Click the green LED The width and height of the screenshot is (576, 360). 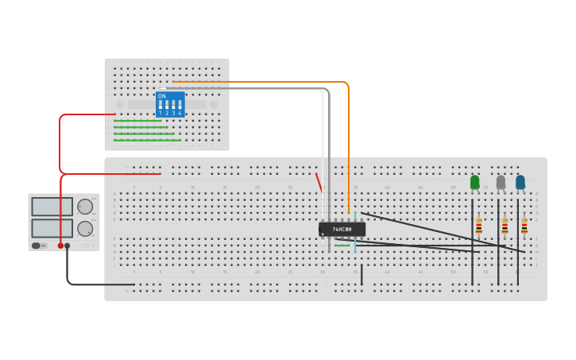[475, 182]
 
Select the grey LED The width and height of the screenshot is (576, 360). [501, 182]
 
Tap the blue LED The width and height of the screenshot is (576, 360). [520, 182]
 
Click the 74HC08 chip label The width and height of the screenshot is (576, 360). [342, 229]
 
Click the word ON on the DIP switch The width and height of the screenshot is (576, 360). [162, 96]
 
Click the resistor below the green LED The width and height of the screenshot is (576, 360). [479, 227]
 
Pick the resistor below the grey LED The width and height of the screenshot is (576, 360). [504, 227]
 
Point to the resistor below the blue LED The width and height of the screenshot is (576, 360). [524, 227]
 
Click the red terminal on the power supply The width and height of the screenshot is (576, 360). [60, 246]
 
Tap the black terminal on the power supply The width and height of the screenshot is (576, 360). [68, 246]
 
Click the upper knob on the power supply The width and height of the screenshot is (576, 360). [85, 207]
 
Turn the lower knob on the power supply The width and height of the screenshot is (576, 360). [85, 229]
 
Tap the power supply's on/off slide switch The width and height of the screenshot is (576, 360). [37, 246]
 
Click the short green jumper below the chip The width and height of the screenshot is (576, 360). [342, 246]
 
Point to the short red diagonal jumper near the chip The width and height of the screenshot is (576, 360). [319, 183]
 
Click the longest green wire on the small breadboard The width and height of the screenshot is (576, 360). [147, 141]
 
